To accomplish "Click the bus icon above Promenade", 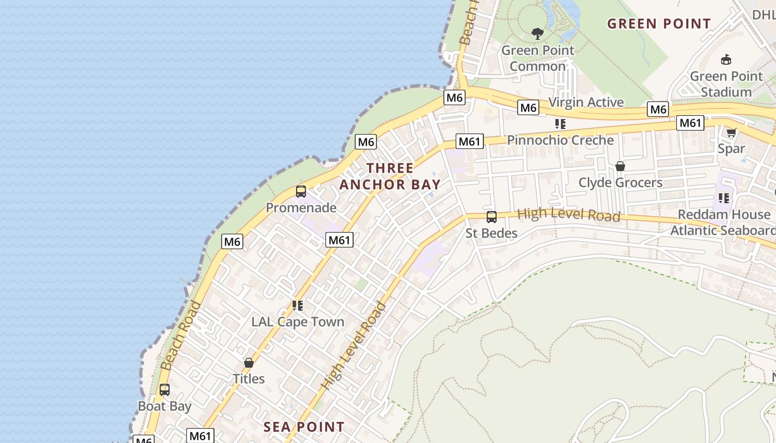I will click(301, 192).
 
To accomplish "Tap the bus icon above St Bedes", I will click(491, 217).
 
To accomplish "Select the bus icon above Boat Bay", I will click(165, 390).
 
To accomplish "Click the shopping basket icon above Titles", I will click(249, 363).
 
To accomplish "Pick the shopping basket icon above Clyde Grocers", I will click(620, 166).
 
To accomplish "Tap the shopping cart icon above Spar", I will click(731, 132).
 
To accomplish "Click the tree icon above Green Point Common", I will click(537, 34).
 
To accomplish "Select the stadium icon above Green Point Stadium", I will click(726, 59).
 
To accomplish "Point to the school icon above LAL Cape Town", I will click(298, 306).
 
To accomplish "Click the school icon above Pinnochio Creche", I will click(560, 124).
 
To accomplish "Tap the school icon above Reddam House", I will click(723, 198).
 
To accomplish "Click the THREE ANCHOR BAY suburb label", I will click(390, 176).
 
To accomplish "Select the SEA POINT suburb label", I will click(304, 427).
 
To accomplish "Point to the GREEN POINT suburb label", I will click(658, 24).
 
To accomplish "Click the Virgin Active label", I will click(586, 102).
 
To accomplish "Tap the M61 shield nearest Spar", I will click(690, 123).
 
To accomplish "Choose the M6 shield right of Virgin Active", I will click(658, 109).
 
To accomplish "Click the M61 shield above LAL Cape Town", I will click(339, 240).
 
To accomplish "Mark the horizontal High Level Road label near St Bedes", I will click(568, 215).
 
